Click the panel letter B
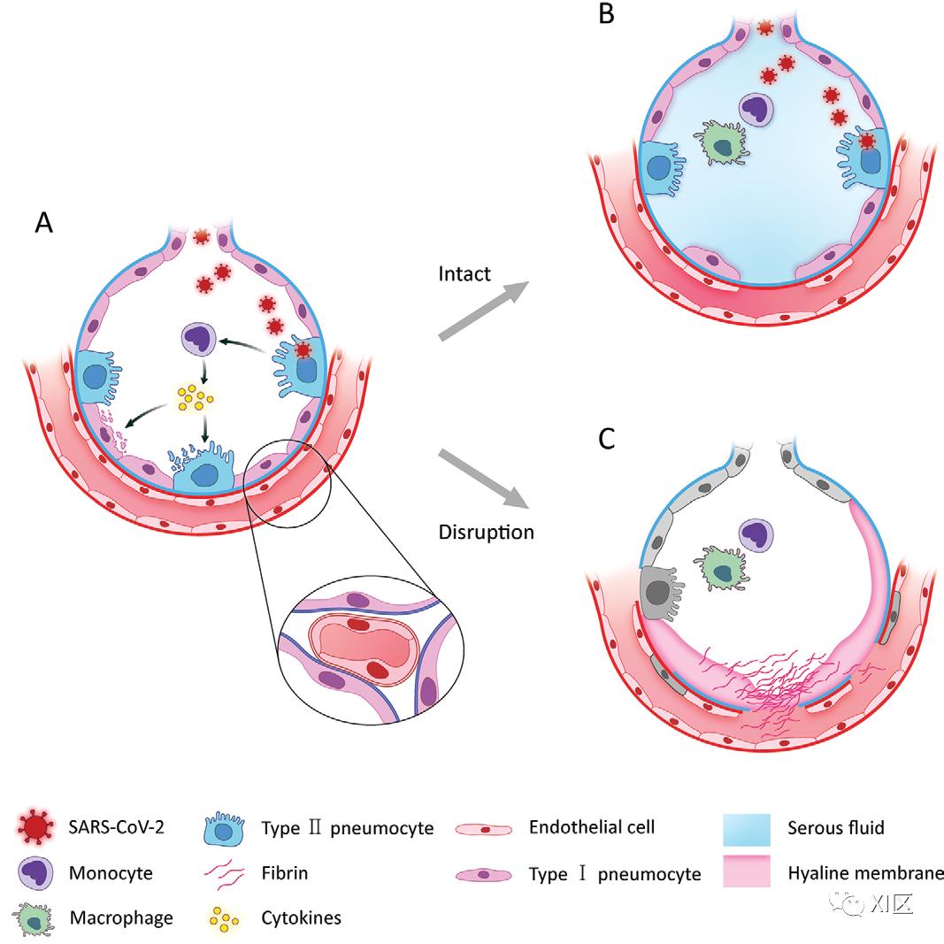tap(606, 15)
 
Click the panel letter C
tap(606, 440)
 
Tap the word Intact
tap(464, 274)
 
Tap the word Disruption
tap(486, 533)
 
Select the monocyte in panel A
tap(198, 339)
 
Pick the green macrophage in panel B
tap(723, 142)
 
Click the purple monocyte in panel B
tap(756, 109)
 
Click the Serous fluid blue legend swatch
tap(748, 829)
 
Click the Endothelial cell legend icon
tap(483, 829)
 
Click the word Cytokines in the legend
tap(302, 917)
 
